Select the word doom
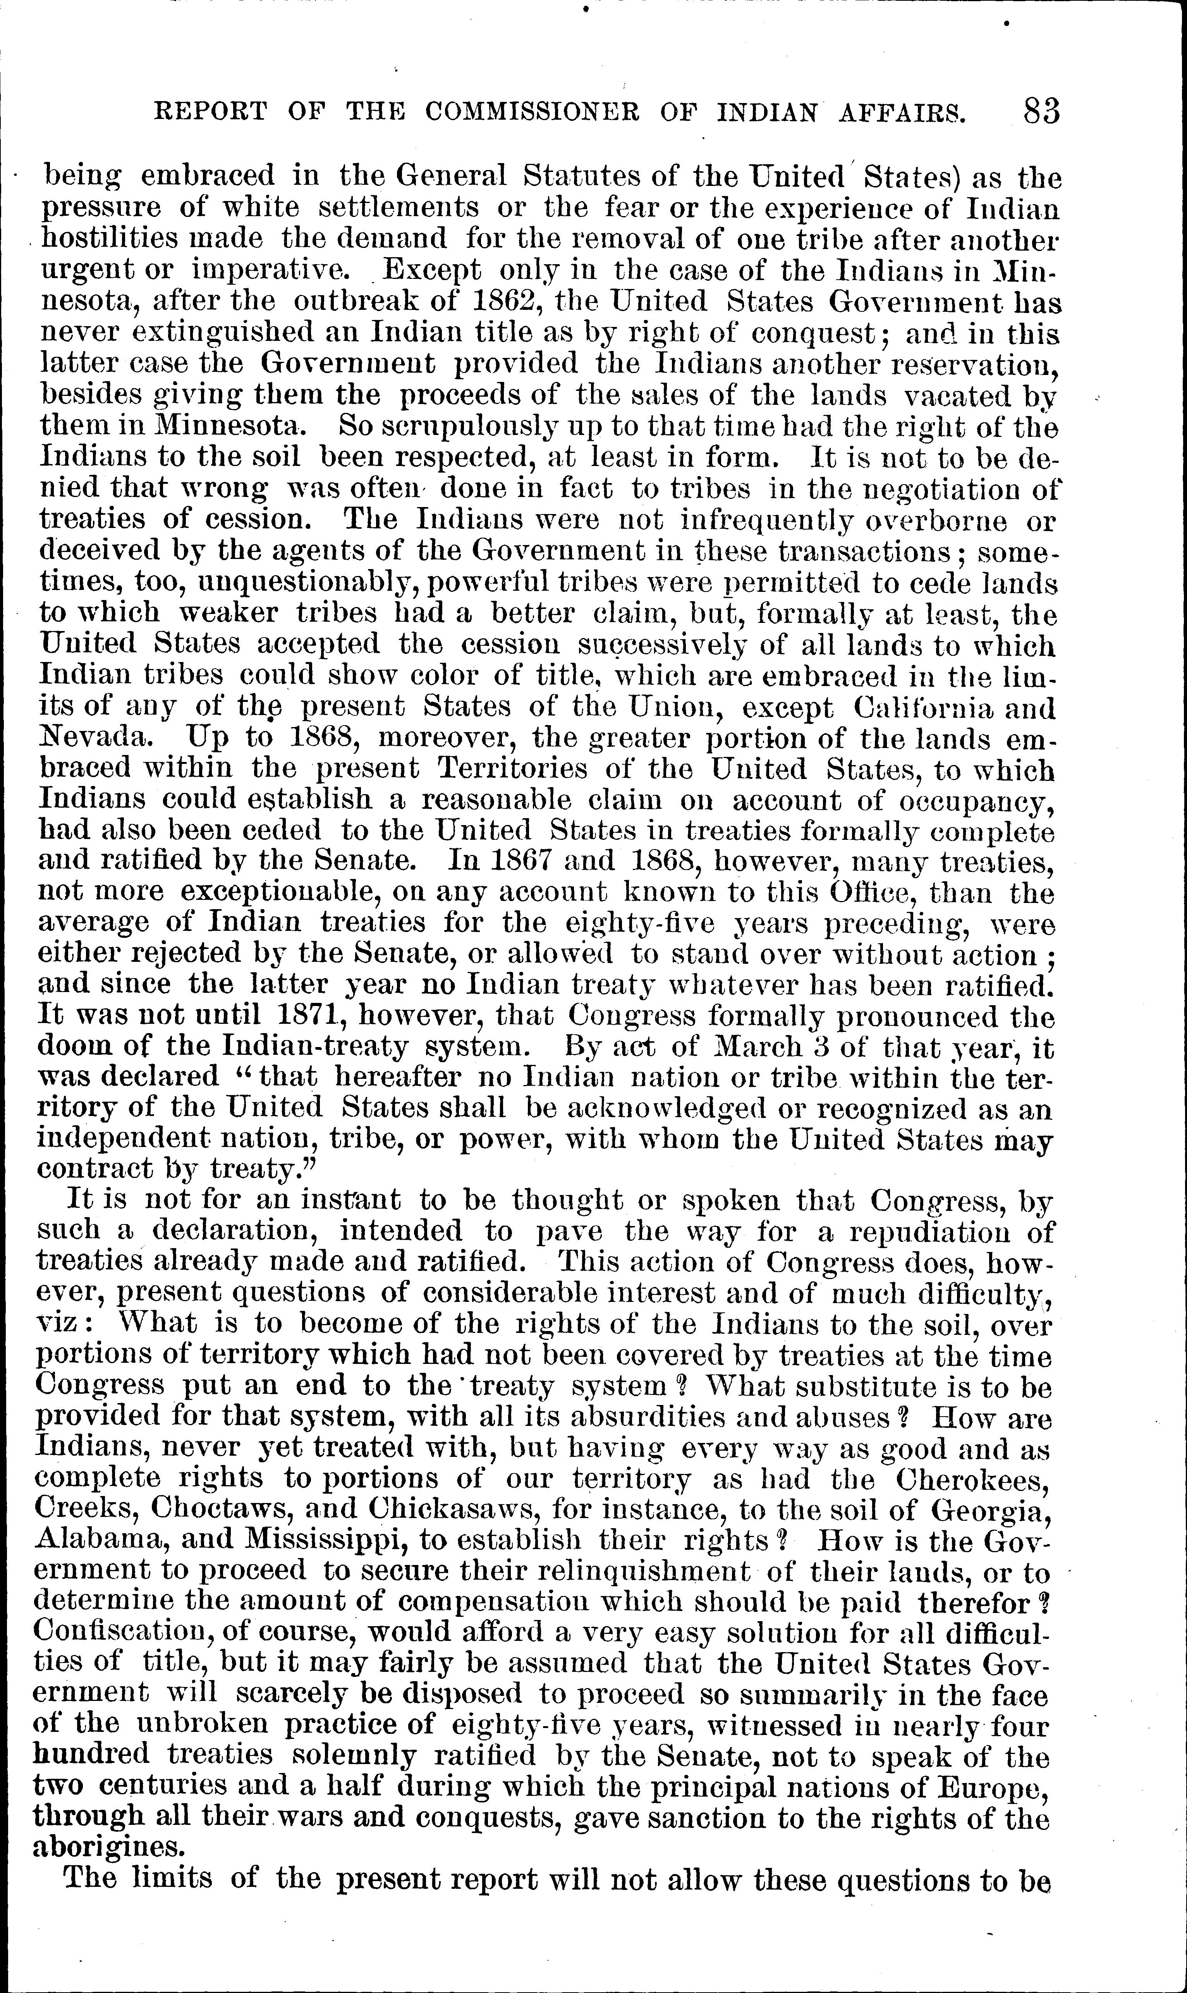(x=74, y=1047)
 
